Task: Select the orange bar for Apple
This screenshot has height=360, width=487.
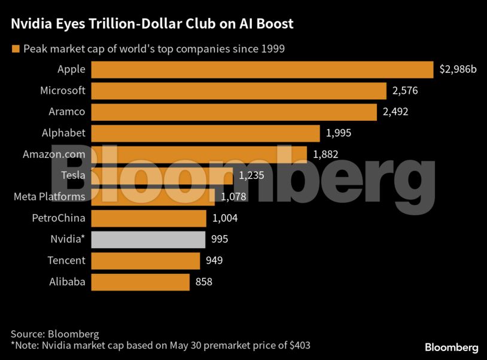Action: pos(261,69)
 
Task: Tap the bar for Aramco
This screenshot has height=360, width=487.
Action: pos(233,112)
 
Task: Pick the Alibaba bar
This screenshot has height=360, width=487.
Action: pos(140,282)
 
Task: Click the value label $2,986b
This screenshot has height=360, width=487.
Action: pos(458,69)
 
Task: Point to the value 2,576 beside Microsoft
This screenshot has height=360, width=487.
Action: pos(405,91)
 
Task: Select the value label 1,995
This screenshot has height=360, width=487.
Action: pos(339,133)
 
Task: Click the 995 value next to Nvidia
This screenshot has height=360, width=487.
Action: pos(220,239)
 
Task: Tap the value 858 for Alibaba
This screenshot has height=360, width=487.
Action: pos(203,282)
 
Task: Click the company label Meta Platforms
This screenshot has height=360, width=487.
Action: pos(49,197)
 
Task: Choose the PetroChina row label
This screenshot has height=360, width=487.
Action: pos(58,218)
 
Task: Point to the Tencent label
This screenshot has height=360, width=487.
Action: pos(66,260)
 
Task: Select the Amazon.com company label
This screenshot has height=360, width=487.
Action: pos(54,154)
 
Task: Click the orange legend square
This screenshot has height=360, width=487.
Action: pos(15,48)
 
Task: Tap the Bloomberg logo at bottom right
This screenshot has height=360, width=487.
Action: pos(451,347)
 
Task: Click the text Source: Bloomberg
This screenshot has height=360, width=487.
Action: pos(54,334)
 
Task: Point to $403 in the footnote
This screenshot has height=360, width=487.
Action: pos(299,345)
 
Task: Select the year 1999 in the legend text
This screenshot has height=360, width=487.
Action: pos(272,48)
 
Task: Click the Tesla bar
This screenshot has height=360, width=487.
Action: pos(162,176)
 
